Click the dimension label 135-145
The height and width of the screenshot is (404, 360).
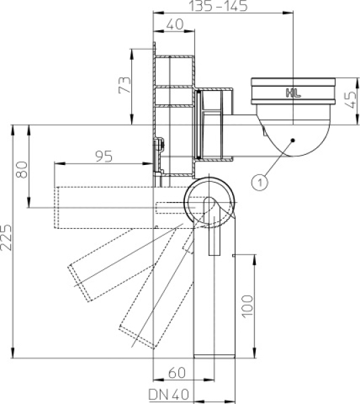click(x=218, y=5)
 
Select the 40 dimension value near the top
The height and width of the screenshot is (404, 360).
click(x=175, y=24)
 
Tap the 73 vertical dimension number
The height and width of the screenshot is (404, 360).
click(x=124, y=85)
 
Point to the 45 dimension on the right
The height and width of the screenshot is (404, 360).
click(x=350, y=100)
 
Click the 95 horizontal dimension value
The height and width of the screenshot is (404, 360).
click(x=104, y=156)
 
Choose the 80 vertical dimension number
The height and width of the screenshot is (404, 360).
click(x=22, y=170)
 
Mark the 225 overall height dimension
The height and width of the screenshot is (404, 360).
click(x=6, y=238)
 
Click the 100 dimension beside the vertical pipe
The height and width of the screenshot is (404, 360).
click(x=248, y=306)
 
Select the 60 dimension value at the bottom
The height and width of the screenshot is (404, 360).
click(x=177, y=373)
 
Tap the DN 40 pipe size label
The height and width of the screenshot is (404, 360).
click(x=169, y=395)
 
